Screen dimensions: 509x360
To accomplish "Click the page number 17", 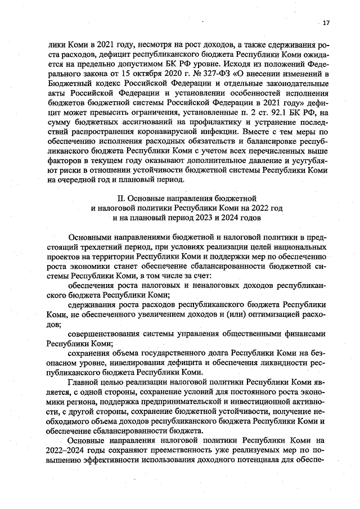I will (x=326, y=22).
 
